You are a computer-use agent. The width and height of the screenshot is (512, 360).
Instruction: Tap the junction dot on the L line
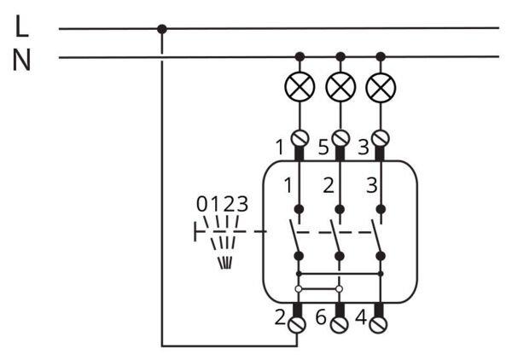click(x=162, y=28)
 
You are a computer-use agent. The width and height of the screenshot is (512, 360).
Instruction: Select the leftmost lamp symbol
click(x=300, y=86)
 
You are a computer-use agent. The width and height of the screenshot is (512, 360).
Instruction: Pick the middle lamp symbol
click(x=340, y=86)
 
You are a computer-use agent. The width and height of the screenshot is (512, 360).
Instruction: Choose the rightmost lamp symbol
click(x=380, y=86)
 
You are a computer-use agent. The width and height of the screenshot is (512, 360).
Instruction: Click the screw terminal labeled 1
click(x=300, y=137)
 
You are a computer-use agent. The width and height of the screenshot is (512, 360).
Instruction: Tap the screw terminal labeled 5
click(x=340, y=137)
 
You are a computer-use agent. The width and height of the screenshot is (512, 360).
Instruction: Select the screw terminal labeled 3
click(x=381, y=137)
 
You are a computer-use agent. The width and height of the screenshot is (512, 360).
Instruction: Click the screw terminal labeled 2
click(x=298, y=323)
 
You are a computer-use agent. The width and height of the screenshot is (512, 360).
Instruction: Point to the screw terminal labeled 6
click(x=339, y=323)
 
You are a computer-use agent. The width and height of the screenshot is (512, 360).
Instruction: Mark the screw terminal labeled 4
click(x=380, y=323)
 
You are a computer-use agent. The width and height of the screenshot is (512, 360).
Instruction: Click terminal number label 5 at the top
click(x=323, y=147)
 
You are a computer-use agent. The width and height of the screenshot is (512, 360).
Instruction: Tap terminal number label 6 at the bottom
click(x=321, y=317)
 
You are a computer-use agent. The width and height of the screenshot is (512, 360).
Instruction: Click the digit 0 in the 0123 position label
click(x=201, y=205)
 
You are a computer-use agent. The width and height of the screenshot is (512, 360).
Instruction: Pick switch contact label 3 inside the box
click(x=369, y=185)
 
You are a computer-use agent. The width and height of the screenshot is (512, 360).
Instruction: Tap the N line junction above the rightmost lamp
click(x=381, y=57)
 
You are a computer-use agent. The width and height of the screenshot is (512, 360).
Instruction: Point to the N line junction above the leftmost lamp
click(x=300, y=57)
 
